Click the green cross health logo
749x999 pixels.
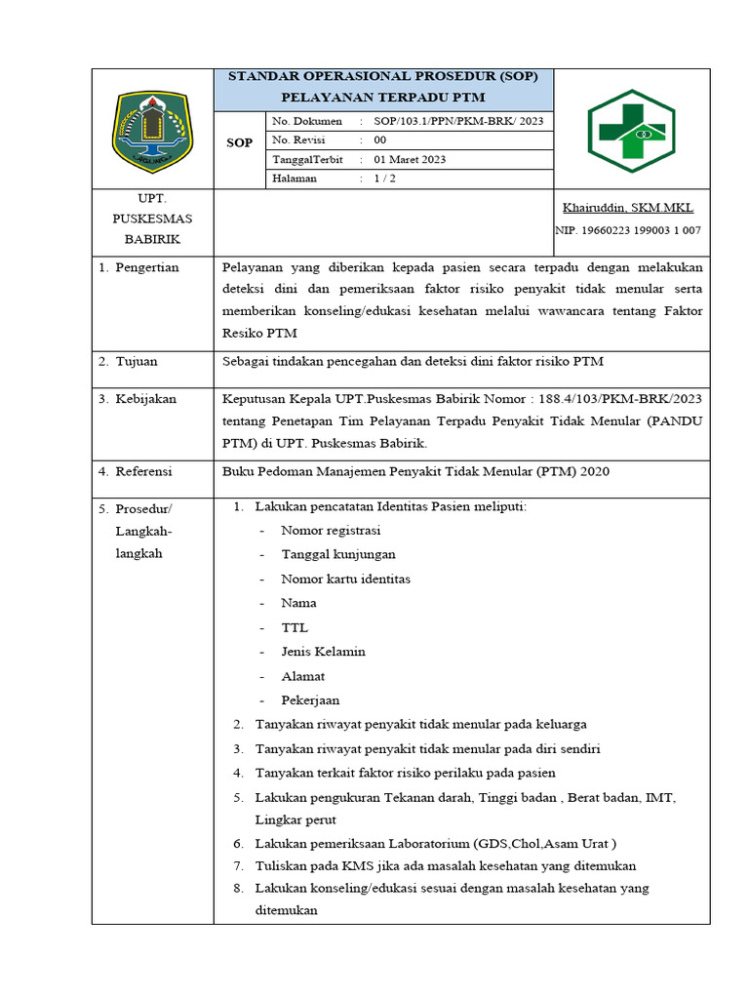pos(631,130)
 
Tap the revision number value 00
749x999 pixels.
pos(380,140)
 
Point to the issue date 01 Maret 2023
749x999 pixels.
pos(410,160)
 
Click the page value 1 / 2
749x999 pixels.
pos(384,179)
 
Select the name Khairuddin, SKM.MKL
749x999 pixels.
pos(628,208)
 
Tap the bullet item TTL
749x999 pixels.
pos(294,628)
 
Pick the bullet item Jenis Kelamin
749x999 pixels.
pos(323,652)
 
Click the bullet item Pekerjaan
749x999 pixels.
pos(310,700)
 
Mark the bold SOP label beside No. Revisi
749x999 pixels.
pos(239,142)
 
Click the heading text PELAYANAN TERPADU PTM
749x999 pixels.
pos(382,99)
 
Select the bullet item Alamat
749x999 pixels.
pos(302,676)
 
